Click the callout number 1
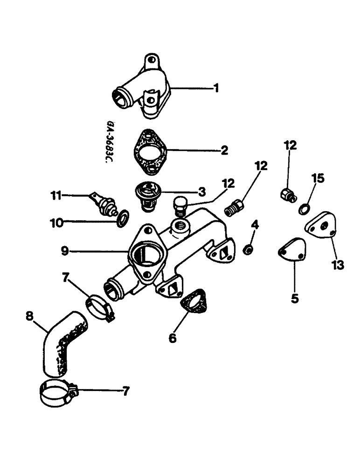pos(215,88)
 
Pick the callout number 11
pos(56,196)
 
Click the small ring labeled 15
pos(304,208)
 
